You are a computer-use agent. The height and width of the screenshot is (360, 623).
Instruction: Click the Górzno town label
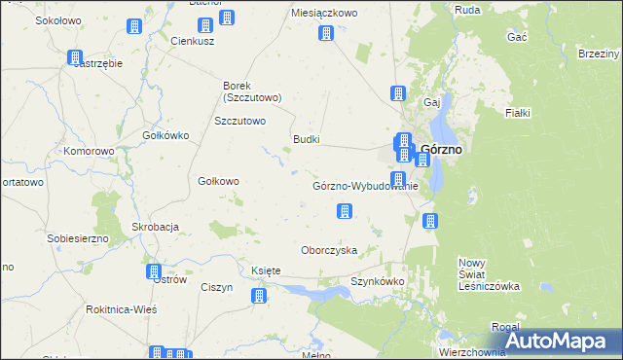pyautogui.click(x=441, y=151)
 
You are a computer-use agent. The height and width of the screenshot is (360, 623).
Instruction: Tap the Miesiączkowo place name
pyautogui.click(x=325, y=14)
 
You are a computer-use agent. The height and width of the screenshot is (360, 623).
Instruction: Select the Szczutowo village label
pyautogui.click(x=240, y=121)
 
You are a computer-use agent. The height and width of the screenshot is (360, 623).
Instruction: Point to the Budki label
pyautogui.click(x=308, y=139)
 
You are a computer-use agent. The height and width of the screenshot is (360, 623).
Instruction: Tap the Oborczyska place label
pyautogui.click(x=329, y=250)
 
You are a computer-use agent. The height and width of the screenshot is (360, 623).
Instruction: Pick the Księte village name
pyautogui.click(x=266, y=270)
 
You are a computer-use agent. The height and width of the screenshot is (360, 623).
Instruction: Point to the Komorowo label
pyautogui.click(x=89, y=152)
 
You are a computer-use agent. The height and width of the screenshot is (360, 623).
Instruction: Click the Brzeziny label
pyautogui.click(x=598, y=54)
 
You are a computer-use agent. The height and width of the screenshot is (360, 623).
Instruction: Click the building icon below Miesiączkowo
pyautogui.click(x=325, y=35)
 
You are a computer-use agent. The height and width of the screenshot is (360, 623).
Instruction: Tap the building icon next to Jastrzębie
pyautogui.click(x=75, y=57)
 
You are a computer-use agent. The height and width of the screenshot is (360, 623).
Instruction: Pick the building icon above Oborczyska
pyautogui.click(x=344, y=211)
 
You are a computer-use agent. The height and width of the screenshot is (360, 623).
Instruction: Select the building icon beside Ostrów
pyautogui.click(x=153, y=272)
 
